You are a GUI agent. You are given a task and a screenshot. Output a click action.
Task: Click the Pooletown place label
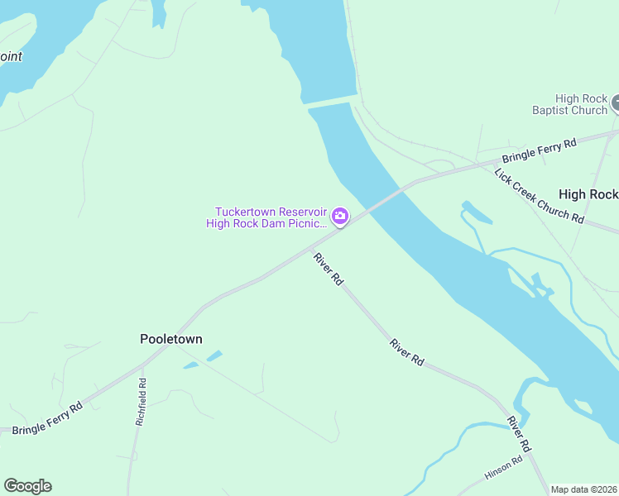[x=170, y=339]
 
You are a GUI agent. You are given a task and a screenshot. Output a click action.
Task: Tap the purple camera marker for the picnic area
[x=339, y=217]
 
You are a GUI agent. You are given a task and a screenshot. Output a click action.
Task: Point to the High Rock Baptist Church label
[x=569, y=104]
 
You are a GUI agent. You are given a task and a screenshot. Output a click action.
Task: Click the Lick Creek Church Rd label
[x=539, y=196]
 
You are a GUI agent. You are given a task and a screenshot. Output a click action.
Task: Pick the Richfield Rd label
[x=141, y=402]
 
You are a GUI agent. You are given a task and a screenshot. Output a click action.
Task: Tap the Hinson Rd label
[x=504, y=468]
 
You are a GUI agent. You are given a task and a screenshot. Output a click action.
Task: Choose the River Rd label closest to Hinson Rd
[x=518, y=433]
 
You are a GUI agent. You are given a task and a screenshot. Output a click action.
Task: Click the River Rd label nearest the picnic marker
[x=328, y=269]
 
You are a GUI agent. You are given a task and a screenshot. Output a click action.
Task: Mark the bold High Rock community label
[x=588, y=194]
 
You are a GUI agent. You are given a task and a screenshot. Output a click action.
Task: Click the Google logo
[x=27, y=486]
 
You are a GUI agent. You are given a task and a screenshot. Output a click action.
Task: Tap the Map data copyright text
[x=583, y=489]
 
